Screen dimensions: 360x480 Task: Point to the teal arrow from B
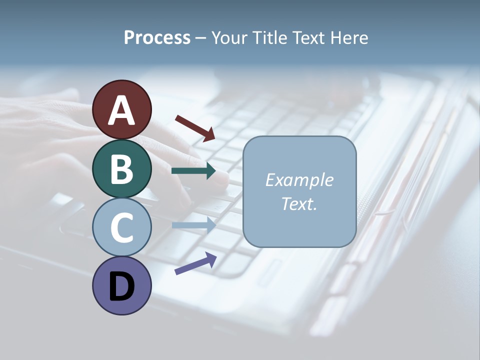(193, 171)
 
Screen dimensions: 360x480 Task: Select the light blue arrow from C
(193, 225)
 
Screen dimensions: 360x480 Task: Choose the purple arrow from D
(195, 263)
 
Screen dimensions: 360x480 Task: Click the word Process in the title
(157, 37)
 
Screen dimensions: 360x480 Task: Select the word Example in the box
(299, 180)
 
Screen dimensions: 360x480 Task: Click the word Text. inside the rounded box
(299, 203)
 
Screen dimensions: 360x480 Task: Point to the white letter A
(121, 110)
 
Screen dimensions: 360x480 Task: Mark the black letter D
(121, 286)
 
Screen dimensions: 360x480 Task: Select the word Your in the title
(228, 37)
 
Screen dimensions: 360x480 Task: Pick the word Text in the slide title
(305, 37)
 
